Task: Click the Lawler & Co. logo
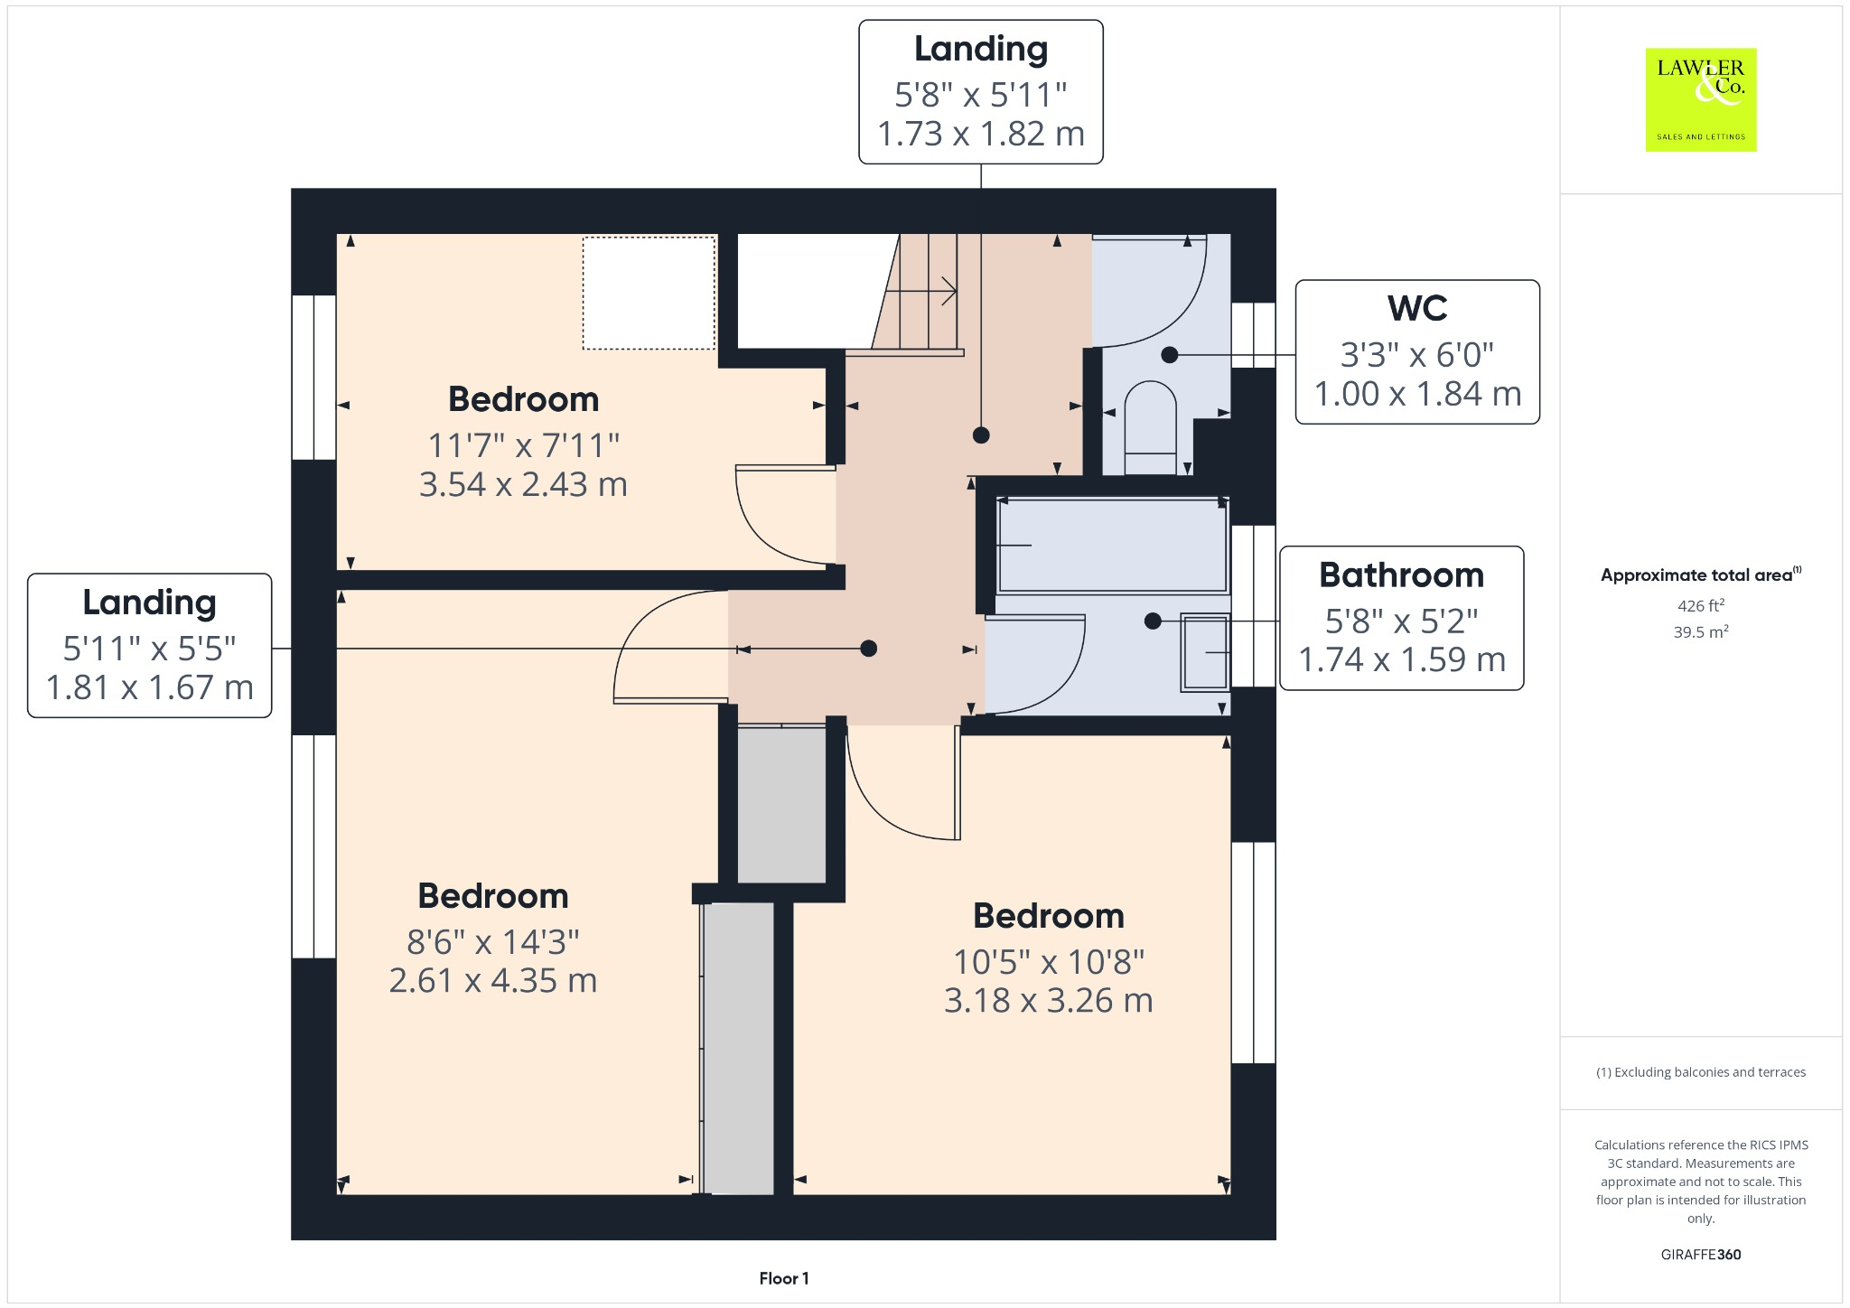[x=1700, y=99]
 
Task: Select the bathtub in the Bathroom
[x=1112, y=545]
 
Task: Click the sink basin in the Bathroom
[x=1205, y=652]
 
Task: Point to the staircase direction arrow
[x=921, y=291]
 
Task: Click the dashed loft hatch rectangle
[x=649, y=293]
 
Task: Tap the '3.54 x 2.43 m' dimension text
[x=523, y=485]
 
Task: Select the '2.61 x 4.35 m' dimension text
[x=493, y=981]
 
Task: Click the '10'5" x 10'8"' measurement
[x=1049, y=962]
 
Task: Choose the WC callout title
[x=1417, y=309]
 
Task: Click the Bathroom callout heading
[x=1401, y=575]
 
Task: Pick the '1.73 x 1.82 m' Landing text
[x=981, y=135]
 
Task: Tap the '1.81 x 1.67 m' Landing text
[x=150, y=688]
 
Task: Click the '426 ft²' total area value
[x=1700, y=606]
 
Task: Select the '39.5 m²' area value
[x=1700, y=632]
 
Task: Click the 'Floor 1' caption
[x=783, y=1278]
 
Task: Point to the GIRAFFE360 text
[x=1700, y=1255]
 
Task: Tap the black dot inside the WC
[x=1169, y=355]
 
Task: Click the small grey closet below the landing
[x=781, y=804]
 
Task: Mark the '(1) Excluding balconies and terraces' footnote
[x=1700, y=1072]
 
